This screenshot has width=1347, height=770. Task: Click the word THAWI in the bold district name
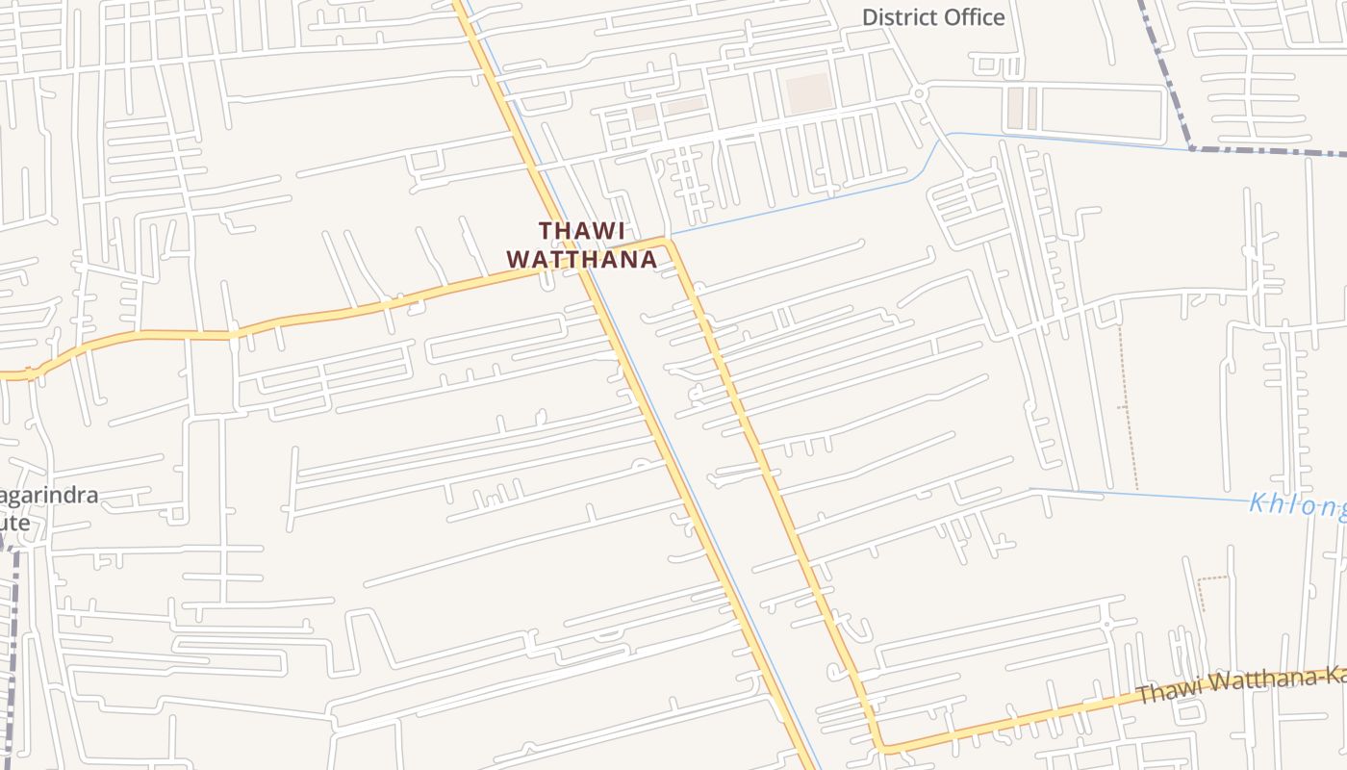pos(582,231)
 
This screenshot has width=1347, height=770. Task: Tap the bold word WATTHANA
pos(582,260)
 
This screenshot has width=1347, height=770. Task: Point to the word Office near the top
pos(974,17)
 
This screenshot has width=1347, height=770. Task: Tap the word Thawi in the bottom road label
pos(1166,691)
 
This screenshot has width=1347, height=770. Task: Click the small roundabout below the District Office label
pos(919,93)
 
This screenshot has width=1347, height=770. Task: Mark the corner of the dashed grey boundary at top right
pos(1192,148)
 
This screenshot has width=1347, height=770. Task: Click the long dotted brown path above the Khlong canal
pos(1127,404)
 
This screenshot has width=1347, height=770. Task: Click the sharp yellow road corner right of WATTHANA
pos(668,241)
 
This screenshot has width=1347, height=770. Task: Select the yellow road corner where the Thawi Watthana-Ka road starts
pos(880,748)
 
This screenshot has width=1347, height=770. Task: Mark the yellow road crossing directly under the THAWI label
pos(577,271)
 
